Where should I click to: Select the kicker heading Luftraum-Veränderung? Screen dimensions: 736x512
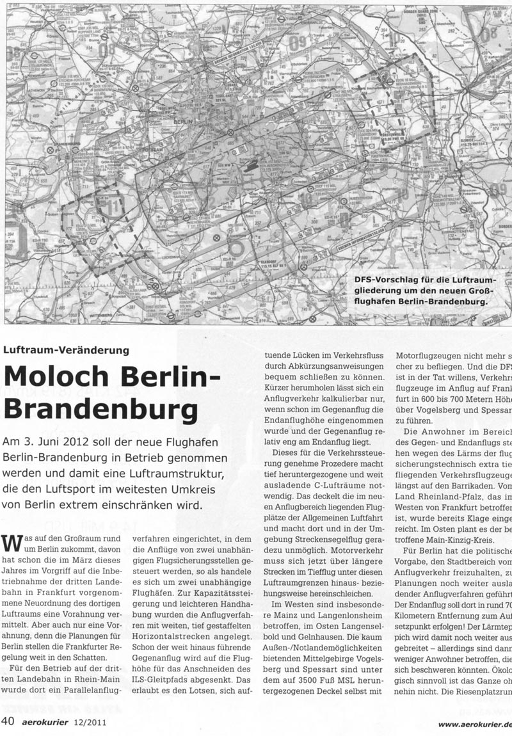(67, 350)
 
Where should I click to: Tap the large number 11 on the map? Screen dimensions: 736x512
(115, 206)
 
